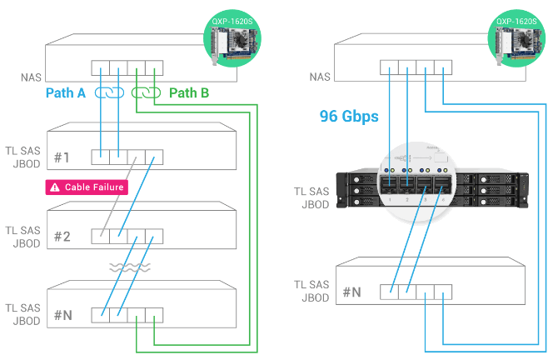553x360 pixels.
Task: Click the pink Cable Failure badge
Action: coord(87,187)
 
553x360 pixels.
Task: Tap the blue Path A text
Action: coord(66,93)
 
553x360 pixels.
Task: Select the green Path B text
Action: coord(189,93)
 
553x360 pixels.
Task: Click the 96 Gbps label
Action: coord(349,117)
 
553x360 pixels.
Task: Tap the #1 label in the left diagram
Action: coord(62,157)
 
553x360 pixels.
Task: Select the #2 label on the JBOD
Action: coord(62,237)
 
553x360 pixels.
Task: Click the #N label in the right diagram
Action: coord(352,292)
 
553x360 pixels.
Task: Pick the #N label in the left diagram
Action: coord(63,315)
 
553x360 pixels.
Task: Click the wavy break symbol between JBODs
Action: coord(130,267)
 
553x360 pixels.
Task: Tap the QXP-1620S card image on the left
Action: coord(232,38)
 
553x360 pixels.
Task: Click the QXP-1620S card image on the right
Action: coord(516,38)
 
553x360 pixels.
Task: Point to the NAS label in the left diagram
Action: coord(31,77)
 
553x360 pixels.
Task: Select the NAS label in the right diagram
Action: coord(320,77)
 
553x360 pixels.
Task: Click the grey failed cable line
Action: coord(118,197)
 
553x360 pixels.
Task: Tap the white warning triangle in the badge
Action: coord(55,187)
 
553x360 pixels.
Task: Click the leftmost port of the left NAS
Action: coord(101,67)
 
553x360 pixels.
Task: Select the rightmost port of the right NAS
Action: coord(443,67)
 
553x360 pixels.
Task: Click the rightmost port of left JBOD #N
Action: coord(154,315)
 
